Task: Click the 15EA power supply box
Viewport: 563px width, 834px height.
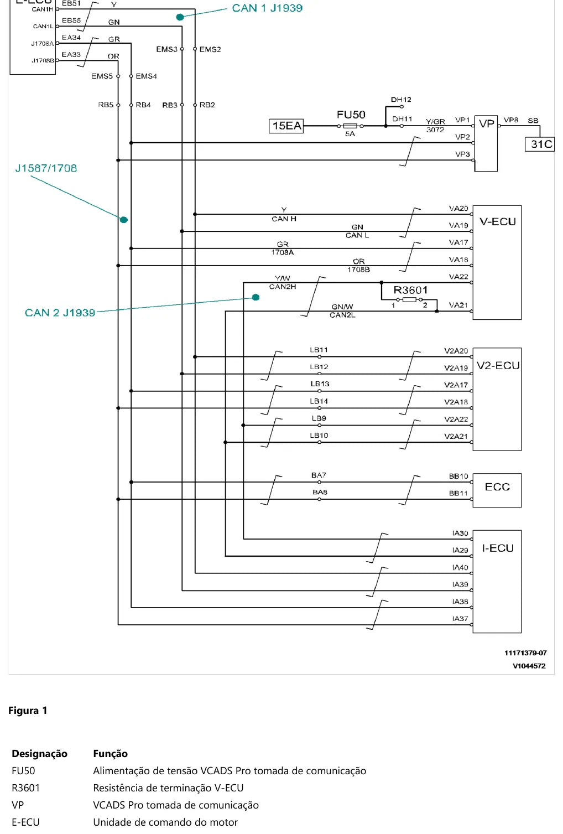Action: (x=286, y=126)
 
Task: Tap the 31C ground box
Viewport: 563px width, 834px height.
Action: (x=540, y=144)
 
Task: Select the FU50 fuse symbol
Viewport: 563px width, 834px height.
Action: (x=350, y=126)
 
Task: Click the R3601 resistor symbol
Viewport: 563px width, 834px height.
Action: (x=409, y=299)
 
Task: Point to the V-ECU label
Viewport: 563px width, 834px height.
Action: (x=498, y=221)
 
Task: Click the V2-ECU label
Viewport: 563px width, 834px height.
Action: (x=498, y=365)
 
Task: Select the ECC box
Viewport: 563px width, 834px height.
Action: (x=497, y=490)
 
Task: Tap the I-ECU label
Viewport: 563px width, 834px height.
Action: (x=498, y=548)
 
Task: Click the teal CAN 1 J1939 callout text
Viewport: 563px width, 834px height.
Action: (x=267, y=8)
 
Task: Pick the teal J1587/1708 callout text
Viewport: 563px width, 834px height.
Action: (x=46, y=168)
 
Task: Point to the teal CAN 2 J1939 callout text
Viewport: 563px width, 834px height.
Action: (x=60, y=312)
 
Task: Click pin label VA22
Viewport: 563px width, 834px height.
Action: (x=458, y=277)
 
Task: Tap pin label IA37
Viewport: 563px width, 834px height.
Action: (x=460, y=618)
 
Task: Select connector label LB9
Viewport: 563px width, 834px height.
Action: (x=319, y=418)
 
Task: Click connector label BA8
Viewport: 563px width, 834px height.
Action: (x=320, y=492)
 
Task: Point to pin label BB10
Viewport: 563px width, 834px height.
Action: (x=458, y=476)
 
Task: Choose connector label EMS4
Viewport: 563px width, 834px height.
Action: (x=146, y=76)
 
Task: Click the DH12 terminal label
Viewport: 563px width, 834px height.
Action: (x=401, y=100)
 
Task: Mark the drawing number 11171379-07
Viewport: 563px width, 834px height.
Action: (x=525, y=652)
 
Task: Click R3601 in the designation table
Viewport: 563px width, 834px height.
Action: (x=25, y=788)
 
